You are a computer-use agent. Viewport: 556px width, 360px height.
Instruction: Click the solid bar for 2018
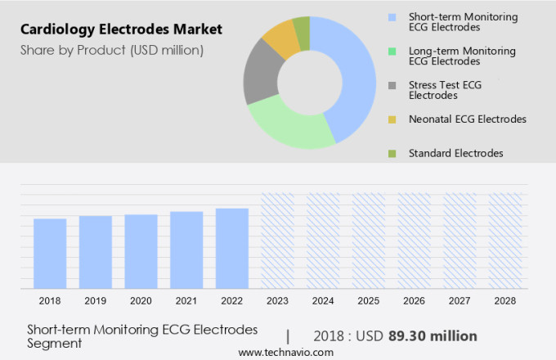[50, 253]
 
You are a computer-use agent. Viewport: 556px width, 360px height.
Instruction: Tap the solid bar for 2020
[141, 251]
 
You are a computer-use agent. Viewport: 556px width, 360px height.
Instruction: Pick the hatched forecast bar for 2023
[277, 241]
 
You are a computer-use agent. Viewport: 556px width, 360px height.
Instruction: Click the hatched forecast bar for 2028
[505, 241]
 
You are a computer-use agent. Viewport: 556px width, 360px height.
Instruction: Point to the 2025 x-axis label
[369, 301]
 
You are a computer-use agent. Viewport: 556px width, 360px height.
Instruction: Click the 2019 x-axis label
[95, 301]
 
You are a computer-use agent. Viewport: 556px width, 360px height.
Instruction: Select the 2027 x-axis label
[460, 301]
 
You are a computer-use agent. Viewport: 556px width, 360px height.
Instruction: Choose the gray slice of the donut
[259, 74]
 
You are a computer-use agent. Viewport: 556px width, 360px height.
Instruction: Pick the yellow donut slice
[280, 36]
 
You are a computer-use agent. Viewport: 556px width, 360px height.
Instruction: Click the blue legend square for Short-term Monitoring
[392, 16]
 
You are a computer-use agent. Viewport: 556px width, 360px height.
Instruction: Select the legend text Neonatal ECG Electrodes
[467, 119]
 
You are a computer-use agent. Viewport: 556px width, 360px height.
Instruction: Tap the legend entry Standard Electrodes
[455, 153]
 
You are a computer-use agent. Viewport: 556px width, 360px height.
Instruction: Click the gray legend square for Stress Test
[392, 85]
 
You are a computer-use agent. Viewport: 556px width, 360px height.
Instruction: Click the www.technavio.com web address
[285, 352]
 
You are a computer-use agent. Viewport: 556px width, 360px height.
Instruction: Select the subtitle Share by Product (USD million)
[112, 50]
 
